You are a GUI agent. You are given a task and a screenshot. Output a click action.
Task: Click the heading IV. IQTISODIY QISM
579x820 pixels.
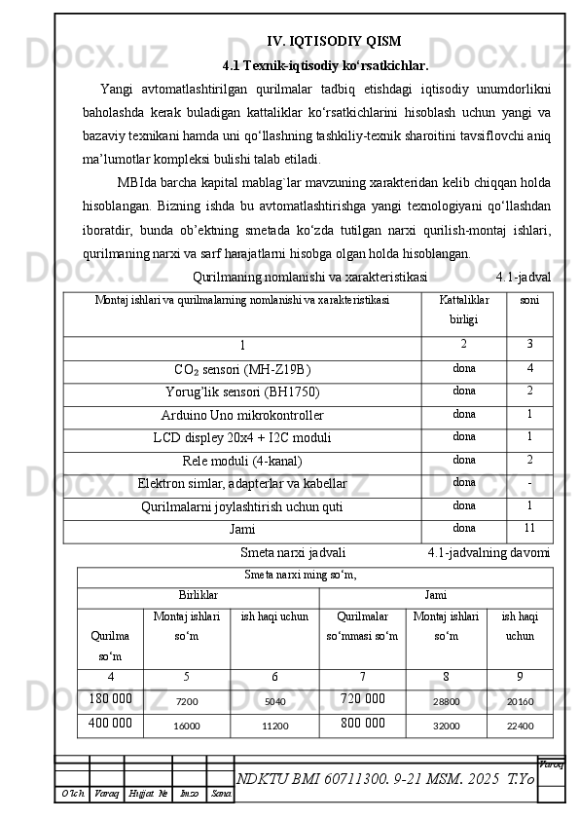[333, 41]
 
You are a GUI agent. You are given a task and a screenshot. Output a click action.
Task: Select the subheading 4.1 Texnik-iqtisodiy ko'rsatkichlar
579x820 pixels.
[326, 67]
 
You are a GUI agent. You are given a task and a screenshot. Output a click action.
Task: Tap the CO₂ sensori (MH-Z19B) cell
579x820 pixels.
[242, 370]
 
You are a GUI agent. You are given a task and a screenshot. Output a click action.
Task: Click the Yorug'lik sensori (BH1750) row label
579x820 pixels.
[242, 392]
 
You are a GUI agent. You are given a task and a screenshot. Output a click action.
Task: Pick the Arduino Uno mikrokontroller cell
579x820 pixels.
[242, 416]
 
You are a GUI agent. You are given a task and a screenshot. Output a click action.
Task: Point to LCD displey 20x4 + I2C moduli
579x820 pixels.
[242, 437]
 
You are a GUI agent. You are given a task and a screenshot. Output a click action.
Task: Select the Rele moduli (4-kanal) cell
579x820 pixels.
[242, 461]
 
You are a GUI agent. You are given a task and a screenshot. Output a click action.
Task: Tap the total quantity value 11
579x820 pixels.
[528, 529]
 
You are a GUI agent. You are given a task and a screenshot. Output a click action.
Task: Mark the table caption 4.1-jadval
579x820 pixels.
[523, 277]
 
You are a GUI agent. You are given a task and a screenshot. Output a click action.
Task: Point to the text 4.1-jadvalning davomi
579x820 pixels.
[489, 553]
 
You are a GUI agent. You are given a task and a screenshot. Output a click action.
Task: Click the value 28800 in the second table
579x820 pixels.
[446, 700]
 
